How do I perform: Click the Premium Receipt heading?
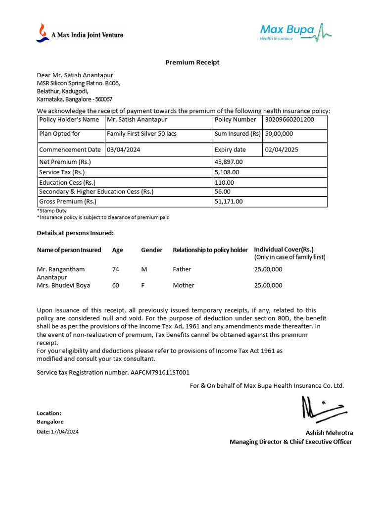pyautogui.click(x=192, y=62)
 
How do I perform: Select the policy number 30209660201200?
pyautogui.click(x=289, y=120)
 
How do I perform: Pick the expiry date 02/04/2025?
pyautogui.click(x=282, y=150)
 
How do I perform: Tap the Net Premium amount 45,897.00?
pyautogui.click(x=229, y=162)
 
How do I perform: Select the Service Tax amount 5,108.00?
pyautogui.click(x=227, y=172)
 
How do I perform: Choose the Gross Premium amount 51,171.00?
pyautogui.click(x=229, y=202)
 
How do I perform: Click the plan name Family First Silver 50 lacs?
pyautogui.click(x=142, y=134)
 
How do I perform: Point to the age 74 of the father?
pyautogui.click(x=116, y=269)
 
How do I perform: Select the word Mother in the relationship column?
pyautogui.click(x=184, y=285)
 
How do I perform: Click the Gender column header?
pyautogui.click(x=151, y=250)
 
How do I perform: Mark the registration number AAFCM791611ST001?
pyautogui.click(x=160, y=372)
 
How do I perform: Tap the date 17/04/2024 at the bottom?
pyautogui.click(x=64, y=432)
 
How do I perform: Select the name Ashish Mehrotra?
pyautogui.click(x=329, y=433)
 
